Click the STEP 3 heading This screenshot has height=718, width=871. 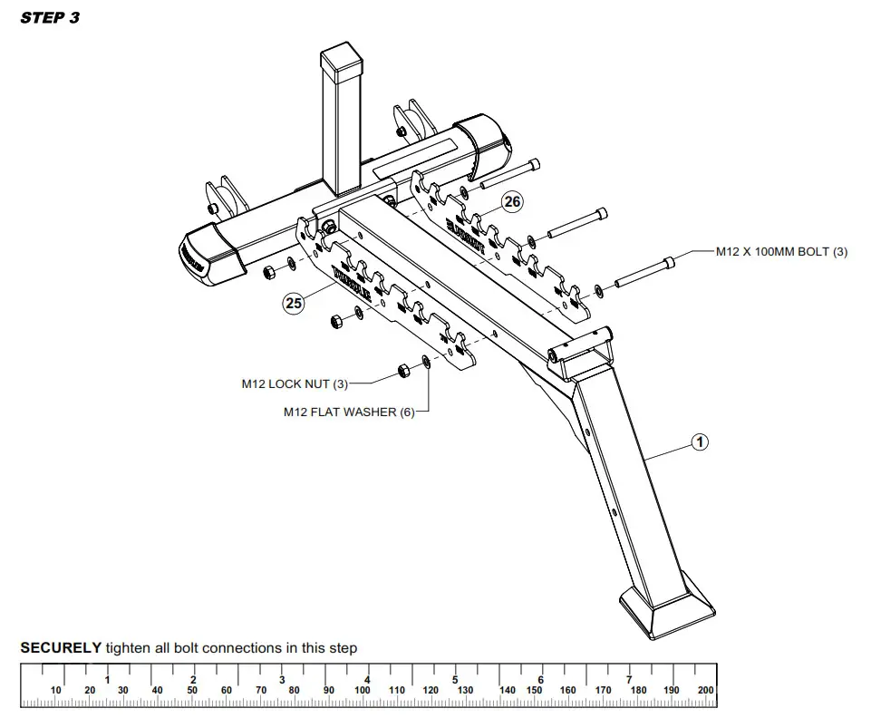point(50,18)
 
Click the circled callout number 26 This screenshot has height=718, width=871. point(513,201)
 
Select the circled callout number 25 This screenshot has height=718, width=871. point(294,304)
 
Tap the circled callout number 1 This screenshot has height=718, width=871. point(699,442)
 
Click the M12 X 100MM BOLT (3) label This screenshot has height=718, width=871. point(781,252)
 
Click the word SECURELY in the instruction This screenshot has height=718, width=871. point(61,648)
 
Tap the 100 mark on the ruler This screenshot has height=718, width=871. point(363,691)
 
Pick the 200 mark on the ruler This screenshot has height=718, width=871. point(706,691)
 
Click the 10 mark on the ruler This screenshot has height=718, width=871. point(56,691)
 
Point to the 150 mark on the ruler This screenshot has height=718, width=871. point(535,691)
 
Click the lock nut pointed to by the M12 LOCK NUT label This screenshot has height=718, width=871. point(402,370)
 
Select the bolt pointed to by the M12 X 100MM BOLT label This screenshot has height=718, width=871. point(645,271)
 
